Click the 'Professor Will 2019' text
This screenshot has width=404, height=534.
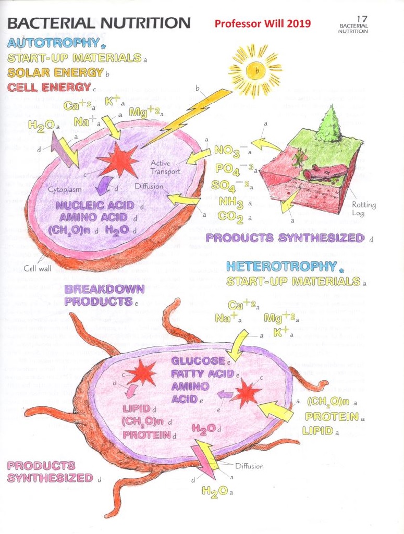pos(262,23)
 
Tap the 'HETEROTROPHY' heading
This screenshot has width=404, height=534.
pos(281,267)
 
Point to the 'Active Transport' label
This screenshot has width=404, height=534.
pos(165,168)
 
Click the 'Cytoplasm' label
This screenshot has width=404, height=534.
pos(63,190)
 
